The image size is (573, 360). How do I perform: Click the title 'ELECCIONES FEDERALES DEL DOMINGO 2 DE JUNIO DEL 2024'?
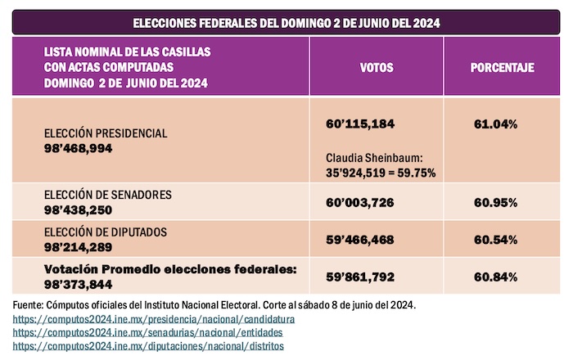(x=286, y=23)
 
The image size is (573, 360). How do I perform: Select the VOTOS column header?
(x=376, y=68)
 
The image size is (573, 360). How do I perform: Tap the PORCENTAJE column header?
(x=502, y=68)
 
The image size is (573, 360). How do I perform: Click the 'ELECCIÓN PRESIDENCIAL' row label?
(x=107, y=133)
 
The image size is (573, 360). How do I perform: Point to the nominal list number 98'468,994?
(x=79, y=148)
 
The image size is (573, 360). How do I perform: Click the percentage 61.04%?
(x=495, y=124)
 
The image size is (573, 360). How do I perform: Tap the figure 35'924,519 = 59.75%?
(x=381, y=173)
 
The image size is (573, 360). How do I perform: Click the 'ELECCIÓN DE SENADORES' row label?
(x=108, y=194)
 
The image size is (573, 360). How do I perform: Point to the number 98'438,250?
(x=79, y=209)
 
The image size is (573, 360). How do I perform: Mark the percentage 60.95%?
(x=495, y=200)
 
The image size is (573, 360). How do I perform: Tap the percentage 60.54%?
(x=495, y=239)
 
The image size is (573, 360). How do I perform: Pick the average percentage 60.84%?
(x=495, y=277)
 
